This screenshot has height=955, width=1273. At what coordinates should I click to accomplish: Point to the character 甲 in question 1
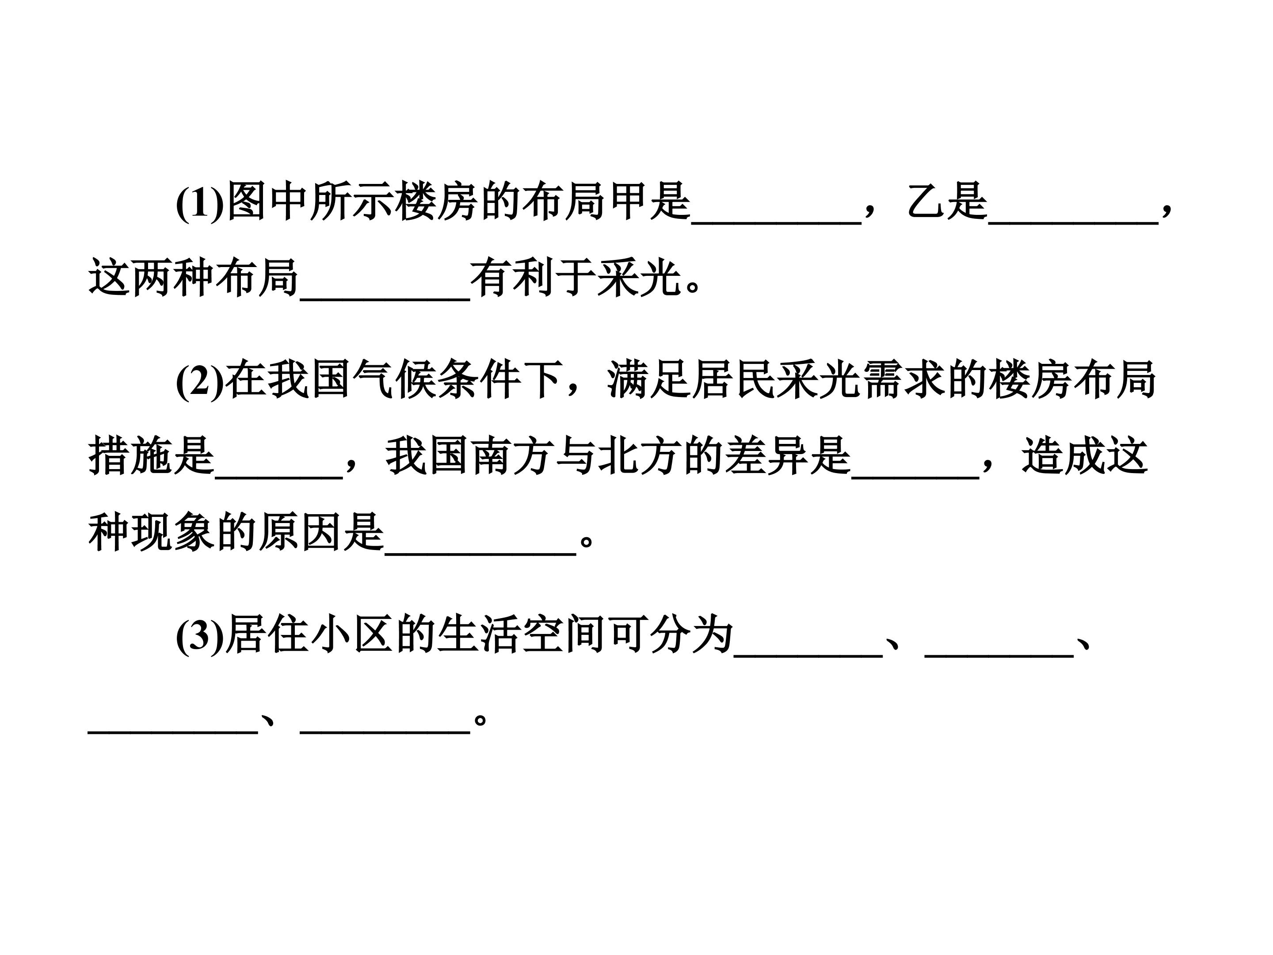tap(627, 202)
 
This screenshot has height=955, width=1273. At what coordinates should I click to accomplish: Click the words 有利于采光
tap(576, 279)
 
